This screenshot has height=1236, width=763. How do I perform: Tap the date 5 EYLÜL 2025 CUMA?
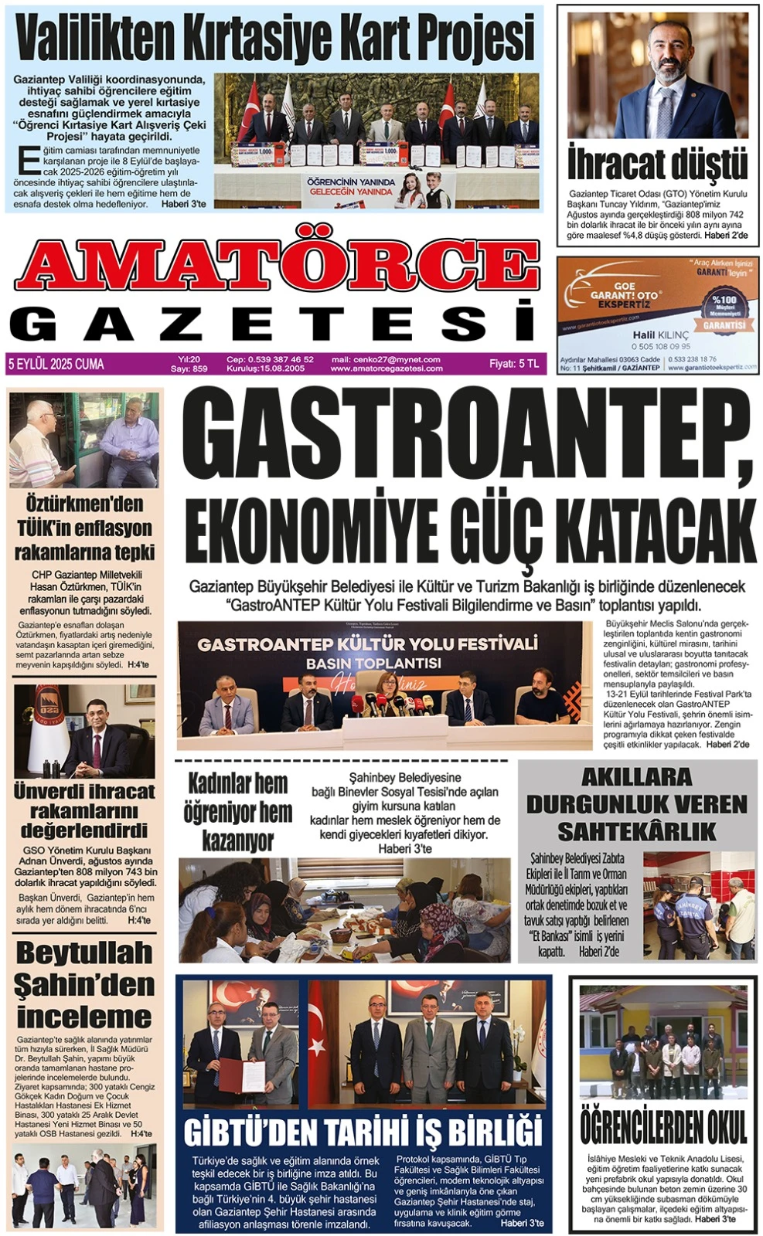point(56,364)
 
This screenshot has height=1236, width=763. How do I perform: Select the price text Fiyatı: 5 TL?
point(514,364)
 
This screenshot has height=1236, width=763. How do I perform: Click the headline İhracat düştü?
point(657,163)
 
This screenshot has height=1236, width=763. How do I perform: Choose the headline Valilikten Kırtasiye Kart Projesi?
point(276,38)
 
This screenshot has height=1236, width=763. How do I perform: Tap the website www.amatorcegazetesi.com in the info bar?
point(387,368)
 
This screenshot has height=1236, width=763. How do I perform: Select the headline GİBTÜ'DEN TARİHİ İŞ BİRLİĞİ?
point(363,1132)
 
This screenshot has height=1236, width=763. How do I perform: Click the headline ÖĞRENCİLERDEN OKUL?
point(663,1127)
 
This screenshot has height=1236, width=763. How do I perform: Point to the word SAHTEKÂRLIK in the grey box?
point(636,832)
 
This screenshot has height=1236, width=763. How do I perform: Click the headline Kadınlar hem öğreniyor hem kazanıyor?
point(237,812)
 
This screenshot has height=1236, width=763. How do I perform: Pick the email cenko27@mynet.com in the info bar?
point(386,359)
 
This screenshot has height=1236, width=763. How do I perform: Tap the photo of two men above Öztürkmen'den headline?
point(84,440)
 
